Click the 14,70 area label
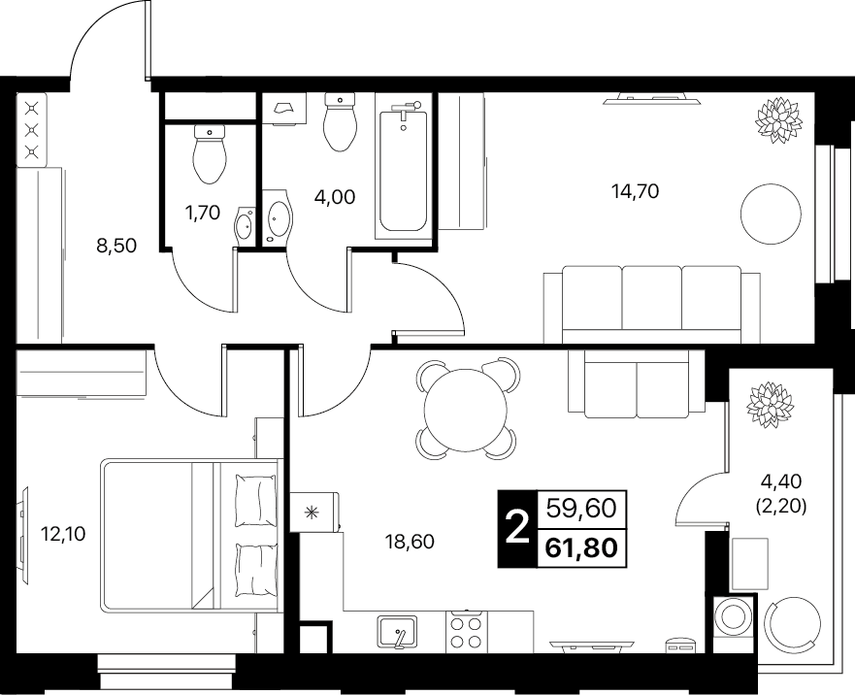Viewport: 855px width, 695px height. (636, 191)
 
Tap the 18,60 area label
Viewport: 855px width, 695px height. (410, 542)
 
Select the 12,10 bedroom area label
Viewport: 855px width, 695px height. (63, 534)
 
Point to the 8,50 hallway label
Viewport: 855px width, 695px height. (116, 246)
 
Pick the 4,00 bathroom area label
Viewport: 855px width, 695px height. (335, 196)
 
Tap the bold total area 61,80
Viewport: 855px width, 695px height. (581, 548)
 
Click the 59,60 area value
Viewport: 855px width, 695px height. (581, 509)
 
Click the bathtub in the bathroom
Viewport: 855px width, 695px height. (403, 166)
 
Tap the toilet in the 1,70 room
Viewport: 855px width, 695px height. (210, 153)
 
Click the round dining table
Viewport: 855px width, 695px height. (465, 410)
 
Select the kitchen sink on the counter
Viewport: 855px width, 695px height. (397, 632)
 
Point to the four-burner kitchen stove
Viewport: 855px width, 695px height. (467, 632)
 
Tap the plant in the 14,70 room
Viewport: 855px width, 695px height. (777, 120)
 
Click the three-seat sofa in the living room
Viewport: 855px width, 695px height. (651, 305)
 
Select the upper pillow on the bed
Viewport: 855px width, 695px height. (254, 500)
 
